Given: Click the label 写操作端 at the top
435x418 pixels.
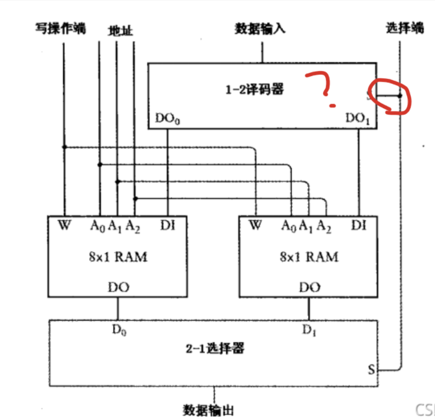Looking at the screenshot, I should coord(61,29).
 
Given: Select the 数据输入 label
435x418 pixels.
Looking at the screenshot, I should coord(260,29).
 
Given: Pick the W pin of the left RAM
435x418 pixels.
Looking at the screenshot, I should coord(64,226).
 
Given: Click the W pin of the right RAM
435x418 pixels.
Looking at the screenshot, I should coord(255,226).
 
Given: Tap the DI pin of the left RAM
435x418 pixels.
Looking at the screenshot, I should coord(167,226).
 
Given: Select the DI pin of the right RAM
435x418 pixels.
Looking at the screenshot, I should coord(359,226).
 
